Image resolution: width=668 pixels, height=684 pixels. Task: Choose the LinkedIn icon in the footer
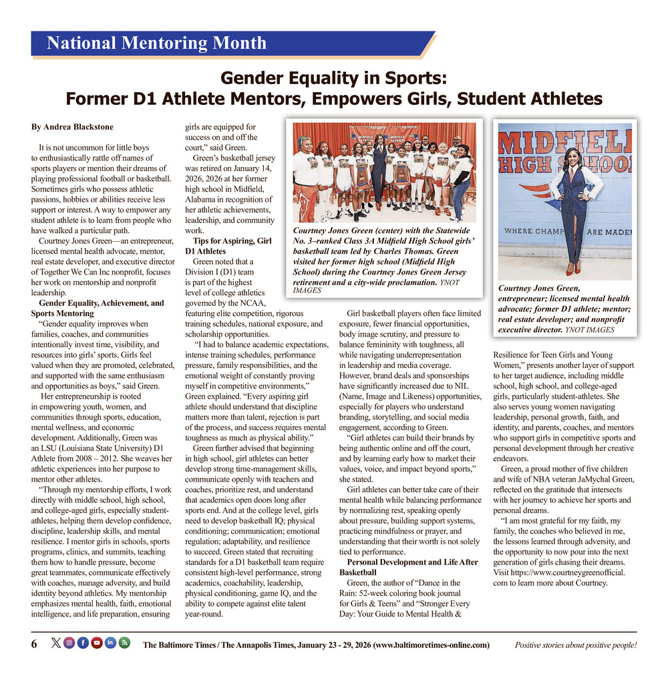(x=111, y=643)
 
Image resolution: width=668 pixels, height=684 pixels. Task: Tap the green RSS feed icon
(x=124, y=643)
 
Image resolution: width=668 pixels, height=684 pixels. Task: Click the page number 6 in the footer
(x=34, y=644)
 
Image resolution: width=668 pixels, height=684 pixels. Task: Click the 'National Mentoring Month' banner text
(x=156, y=44)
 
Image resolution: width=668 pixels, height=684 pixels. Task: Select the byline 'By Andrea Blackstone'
(x=72, y=127)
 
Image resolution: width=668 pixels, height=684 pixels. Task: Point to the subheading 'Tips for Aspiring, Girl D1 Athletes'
(x=227, y=245)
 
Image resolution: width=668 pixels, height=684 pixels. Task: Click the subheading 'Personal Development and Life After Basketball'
(x=408, y=567)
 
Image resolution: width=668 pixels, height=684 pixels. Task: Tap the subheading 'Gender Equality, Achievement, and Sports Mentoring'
(x=97, y=308)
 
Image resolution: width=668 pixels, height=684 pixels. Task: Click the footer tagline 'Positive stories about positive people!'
(x=575, y=645)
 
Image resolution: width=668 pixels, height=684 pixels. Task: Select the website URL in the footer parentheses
(x=432, y=645)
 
